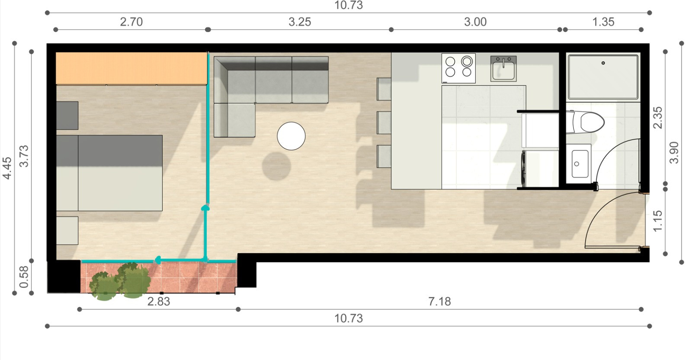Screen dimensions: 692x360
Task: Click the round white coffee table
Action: pyautogui.click(x=291, y=136)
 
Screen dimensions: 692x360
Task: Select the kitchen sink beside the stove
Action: pyautogui.click(x=503, y=69)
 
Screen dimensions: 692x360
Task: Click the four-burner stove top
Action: pyautogui.click(x=458, y=68)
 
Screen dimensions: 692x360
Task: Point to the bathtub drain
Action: pyautogui.click(x=603, y=63)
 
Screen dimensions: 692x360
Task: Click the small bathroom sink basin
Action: pyautogui.click(x=580, y=164)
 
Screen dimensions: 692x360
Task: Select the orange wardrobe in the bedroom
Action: pyautogui.click(x=131, y=68)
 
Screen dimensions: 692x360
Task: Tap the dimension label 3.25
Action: pyautogui.click(x=300, y=22)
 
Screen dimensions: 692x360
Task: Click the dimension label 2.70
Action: pyautogui.click(x=131, y=22)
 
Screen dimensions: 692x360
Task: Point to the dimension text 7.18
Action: pyautogui.click(x=439, y=301)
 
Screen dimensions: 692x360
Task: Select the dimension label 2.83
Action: pyautogui.click(x=158, y=301)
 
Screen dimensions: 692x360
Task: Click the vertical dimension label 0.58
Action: pyautogui.click(x=24, y=276)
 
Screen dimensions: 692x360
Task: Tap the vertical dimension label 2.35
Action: pyautogui.click(x=658, y=117)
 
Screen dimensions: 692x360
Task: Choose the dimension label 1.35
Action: pyautogui.click(x=603, y=22)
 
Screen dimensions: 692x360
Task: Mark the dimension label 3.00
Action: pyautogui.click(x=475, y=22)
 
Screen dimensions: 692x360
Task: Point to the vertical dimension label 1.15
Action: pyautogui.click(x=658, y=221)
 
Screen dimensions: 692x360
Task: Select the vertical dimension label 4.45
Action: pyautogui.click(x=7, y=168)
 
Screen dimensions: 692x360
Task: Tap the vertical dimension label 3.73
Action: pyautogui.click(x=24, y=156)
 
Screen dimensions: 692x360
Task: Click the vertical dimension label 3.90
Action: pyautogui.click(x=674, y=153)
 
